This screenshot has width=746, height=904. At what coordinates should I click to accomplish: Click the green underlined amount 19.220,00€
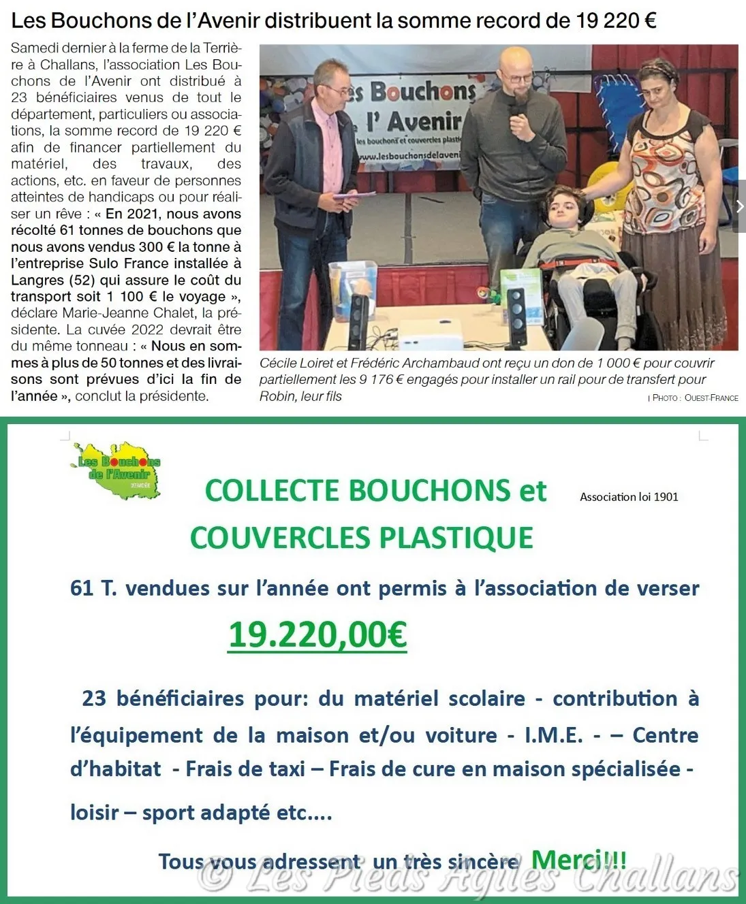coord(317,635)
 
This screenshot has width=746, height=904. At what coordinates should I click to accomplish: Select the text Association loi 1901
coord(629,497)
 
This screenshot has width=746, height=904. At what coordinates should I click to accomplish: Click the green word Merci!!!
coord(578,860)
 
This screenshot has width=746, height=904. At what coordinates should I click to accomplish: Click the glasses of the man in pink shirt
coord(338,88)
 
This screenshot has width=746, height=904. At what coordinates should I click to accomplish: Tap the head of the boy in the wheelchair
coord(563,206)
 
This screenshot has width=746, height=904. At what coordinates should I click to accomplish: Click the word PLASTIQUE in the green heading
coord(456,538)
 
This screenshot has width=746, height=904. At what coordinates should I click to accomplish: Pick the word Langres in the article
coord(37,280)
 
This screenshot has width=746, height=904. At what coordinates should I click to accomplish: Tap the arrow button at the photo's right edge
coord(739,206)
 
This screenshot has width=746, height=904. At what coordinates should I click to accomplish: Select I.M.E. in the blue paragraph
coord(553,735)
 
